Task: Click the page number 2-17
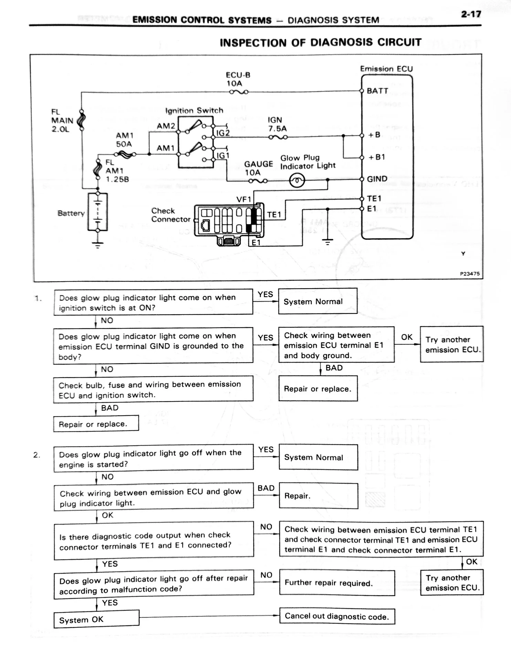tap(471, 14)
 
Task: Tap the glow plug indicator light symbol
tap(297, 180)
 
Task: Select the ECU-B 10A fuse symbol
tap(239, 92)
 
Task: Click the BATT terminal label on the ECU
tap(377, 91)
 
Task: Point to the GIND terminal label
tap(377, 179)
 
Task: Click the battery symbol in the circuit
tap(98, 212)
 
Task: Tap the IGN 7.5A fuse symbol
tap(278, 137)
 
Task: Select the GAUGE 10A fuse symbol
tap(258, 181)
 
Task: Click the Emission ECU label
tap(386, 69)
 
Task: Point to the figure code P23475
tap(470, 274)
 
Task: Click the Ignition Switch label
tap(194, 111)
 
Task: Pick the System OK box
tap(96, 619)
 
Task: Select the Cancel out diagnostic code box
tap(337, 616)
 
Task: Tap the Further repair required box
tap(337, 583)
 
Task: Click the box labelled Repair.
tap(319, 496)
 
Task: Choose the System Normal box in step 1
tap(317, 301)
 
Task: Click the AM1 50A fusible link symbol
tap(126, 155)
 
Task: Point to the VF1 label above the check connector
tap(244, 199)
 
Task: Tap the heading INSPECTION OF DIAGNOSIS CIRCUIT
tap(321, 42)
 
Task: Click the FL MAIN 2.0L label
tap(62, 120)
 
